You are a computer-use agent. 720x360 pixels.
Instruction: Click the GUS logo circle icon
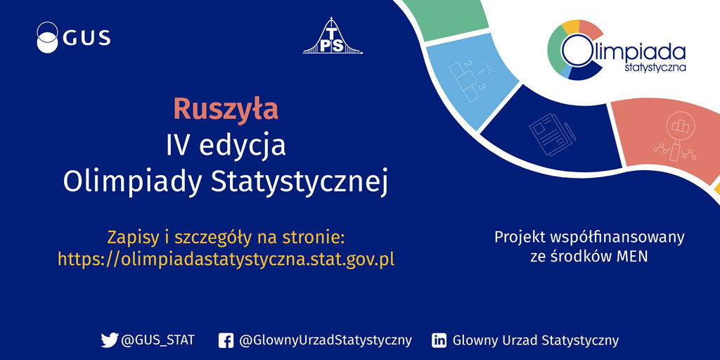pyautogui.click(x=47, y=37)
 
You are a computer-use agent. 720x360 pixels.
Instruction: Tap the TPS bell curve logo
pyautogui.click(x=333, y=36)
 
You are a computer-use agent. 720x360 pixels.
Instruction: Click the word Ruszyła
pyautogui.click(x=226, y=110)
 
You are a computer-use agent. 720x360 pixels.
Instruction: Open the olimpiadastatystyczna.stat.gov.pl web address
pyautogui.click(x=226, y=259)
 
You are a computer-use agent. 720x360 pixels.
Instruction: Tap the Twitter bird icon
pyautogui.click(x=109, y=340)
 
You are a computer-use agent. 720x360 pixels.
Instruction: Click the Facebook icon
pyautogui.click(x=226, y=341)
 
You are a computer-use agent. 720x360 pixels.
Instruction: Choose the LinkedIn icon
pyautogui.click(x=439, y=341)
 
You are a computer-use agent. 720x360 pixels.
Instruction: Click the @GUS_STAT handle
pyautogui.click(x=157, y=341)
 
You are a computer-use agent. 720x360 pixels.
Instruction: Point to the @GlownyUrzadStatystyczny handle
pyautogui.click(x=326, y=341)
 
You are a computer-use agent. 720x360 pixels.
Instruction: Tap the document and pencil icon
pyautogui.click(x=553, y=131)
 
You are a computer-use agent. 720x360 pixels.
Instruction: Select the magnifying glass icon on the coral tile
pyautogui.click(x=674, y=138)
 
